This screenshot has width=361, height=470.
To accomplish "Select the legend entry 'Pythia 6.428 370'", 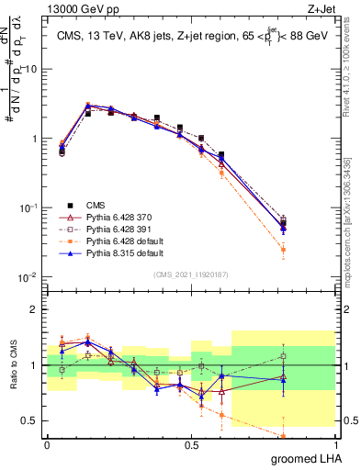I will click(118, 217).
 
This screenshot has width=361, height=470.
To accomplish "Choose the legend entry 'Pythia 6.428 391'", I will click(118, 229).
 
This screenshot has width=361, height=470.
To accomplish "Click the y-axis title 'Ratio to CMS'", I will click(13, 365).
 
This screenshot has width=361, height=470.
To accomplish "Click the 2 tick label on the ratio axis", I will click(35, 309).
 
